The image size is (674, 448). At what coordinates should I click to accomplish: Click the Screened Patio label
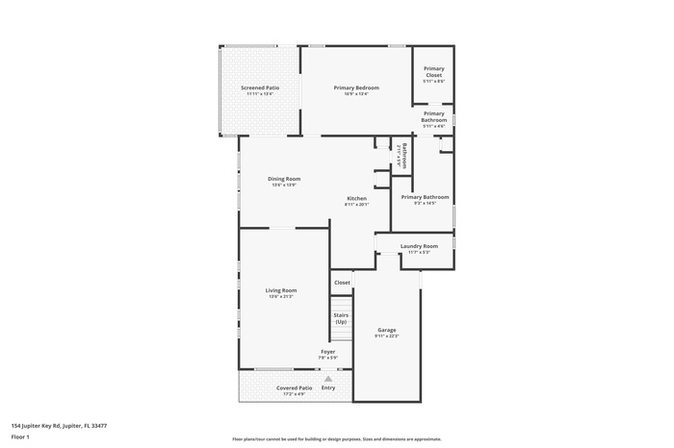(x=260, y=87)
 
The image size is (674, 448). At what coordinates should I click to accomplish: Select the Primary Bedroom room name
(x=356, y=87)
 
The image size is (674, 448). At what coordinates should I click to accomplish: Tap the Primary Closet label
(x=434, y=72)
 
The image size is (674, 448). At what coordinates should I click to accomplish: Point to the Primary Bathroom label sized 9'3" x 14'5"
(x=425, y=197)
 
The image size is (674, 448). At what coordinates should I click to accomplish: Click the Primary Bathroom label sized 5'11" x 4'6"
(x=434, y=116)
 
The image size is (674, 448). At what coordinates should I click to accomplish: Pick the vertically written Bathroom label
(x=404, y=156)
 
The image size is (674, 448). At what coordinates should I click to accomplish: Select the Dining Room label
(x=284, y=178)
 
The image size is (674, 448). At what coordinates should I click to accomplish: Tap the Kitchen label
(x=356, y=199)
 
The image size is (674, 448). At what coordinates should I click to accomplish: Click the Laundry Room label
(x=419, y=246)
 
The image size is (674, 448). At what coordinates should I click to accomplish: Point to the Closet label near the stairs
(x=342, y=283)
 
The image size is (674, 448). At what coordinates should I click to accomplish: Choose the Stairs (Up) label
(x=341, y=318)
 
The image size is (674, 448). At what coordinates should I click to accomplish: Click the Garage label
(x=386, y=330)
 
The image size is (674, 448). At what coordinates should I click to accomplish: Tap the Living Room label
(x=281, y=290)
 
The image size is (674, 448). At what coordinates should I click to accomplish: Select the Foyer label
(x=328, y=352)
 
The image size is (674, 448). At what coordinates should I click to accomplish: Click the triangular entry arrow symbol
(x=328, y=379)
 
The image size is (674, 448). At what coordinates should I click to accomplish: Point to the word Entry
(x=328, y=388)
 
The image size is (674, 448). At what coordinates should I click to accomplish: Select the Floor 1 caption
(x=20, y=436)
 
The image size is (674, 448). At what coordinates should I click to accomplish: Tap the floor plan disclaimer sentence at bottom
(x=336, y=436)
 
